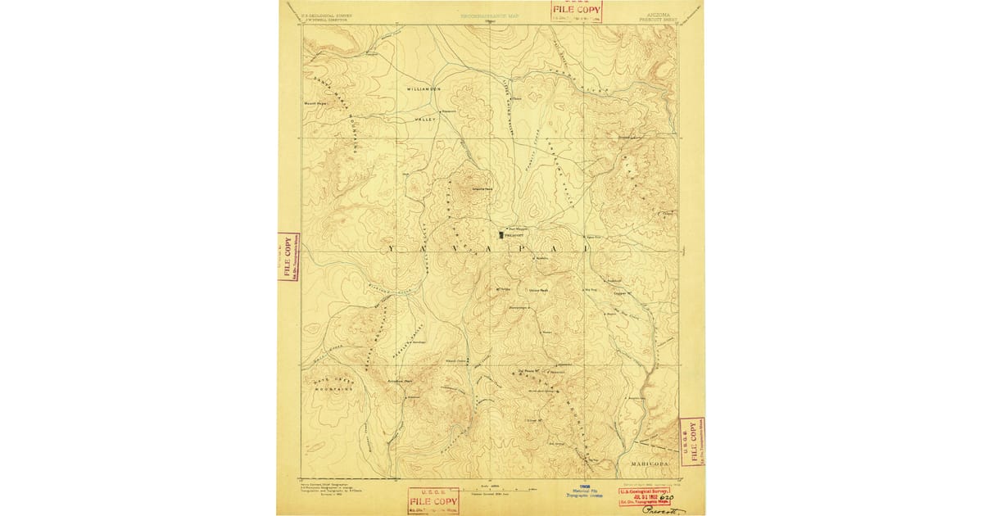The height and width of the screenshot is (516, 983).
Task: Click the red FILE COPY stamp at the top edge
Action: point(574,10)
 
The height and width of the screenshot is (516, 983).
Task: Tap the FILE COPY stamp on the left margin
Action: point(288,257)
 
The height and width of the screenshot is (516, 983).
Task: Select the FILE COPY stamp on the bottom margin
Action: point(433,500)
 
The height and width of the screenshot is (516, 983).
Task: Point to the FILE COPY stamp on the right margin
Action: point(692,442)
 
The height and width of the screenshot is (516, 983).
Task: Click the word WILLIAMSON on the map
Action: point(424,88)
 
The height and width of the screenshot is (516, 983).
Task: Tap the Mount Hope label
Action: point(315,104)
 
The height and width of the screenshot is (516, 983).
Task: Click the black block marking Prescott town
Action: point(502,234)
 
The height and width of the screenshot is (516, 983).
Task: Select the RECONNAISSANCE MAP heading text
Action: point(490,16)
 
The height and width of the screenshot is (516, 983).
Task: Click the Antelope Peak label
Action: point(400,380)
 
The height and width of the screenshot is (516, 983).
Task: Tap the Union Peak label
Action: point(538,290)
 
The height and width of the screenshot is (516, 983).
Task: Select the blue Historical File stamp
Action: point(585,491)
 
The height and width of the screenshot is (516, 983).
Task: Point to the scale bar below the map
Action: point(491,489)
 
